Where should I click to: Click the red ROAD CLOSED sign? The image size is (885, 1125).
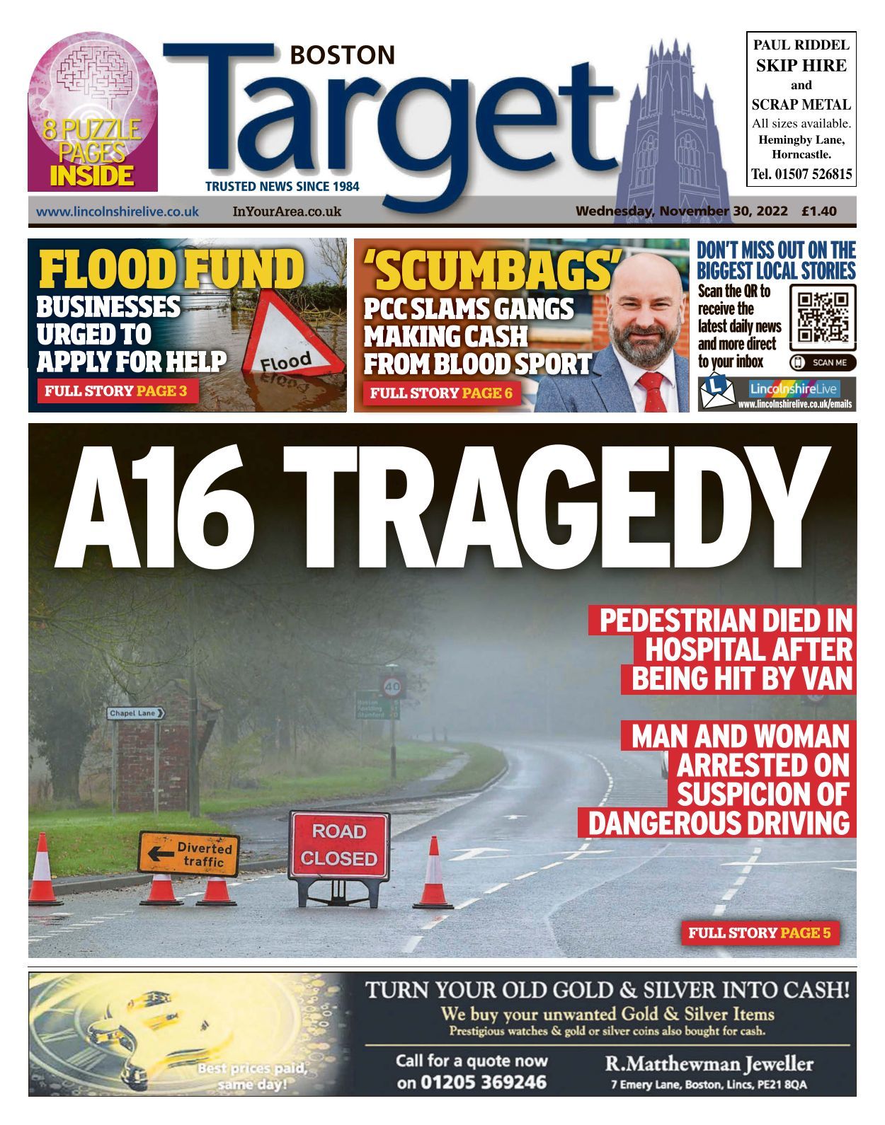coord(339,846)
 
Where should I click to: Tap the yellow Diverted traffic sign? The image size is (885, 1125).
coord(189,854)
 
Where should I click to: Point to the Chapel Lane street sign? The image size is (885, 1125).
coord(136,713)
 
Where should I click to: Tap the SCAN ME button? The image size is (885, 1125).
coord(823,363)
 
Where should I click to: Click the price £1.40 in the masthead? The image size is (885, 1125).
coord(819,211)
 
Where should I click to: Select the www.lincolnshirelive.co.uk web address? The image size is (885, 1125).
coord(118,212)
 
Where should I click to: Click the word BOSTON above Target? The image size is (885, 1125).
coord(343,55)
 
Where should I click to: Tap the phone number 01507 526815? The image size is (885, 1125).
coord(801,174)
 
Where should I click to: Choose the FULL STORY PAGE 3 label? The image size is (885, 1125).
coord(116,391)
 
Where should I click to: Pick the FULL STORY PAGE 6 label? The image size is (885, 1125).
coord(441,393)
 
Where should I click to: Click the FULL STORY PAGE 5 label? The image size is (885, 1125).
coord(760,933)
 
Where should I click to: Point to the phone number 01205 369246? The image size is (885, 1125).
coord(472,1082)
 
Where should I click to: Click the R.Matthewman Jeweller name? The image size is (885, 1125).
coord(709,1063)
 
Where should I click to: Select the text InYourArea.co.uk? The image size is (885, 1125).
coord(287,212)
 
